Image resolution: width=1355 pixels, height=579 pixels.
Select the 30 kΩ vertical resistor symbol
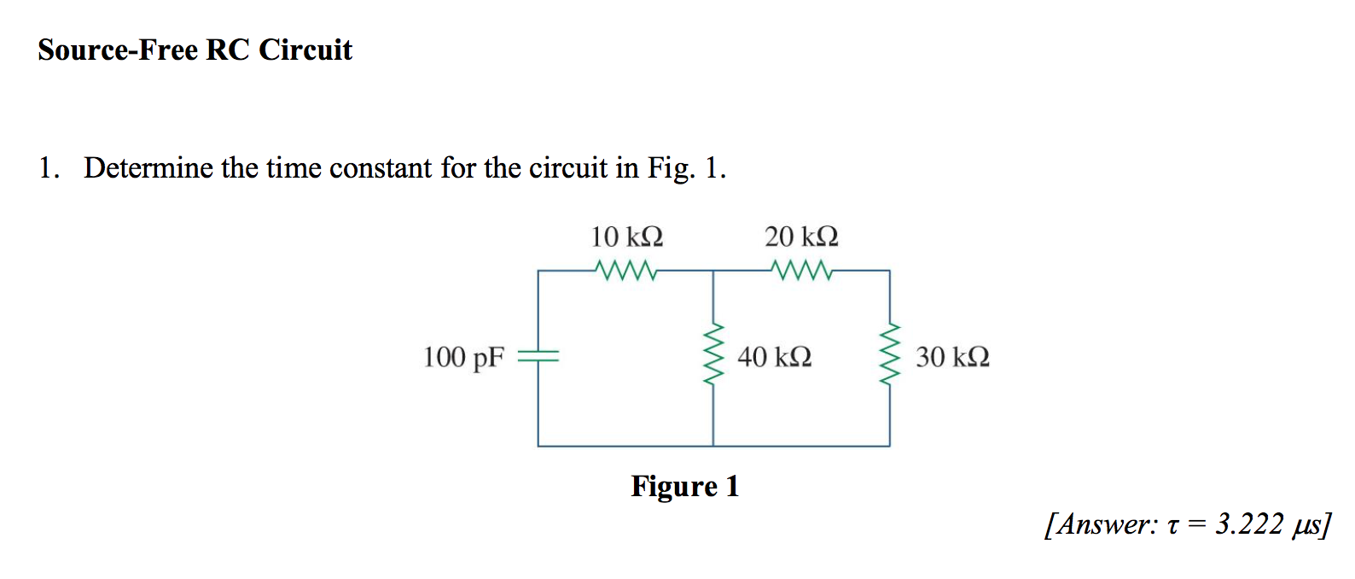pos(890,355)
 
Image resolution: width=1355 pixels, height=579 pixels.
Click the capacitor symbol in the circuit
pos(538,356)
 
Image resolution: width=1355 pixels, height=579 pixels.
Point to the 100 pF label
pos(464,357)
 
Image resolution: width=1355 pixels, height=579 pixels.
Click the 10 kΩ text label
pos(627,236)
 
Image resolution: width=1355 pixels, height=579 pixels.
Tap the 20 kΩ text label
pos(801,236)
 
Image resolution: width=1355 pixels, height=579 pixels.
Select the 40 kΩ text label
pos(774,356)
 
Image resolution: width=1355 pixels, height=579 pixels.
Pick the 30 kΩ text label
pos(952,356)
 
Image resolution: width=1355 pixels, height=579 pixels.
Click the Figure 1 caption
pos(684,486)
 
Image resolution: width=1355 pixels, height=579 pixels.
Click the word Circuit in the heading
pos(305,50)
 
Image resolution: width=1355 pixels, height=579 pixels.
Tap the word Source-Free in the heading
pos(118,50)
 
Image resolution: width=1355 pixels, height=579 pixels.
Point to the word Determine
pos(148,167)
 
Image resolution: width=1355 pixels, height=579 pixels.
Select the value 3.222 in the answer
pos(1249,523)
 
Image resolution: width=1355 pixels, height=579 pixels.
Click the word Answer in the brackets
pos(1104,523)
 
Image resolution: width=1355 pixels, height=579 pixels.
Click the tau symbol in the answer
pos(1172,526)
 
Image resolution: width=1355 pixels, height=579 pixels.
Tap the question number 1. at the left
pos(48,167)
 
